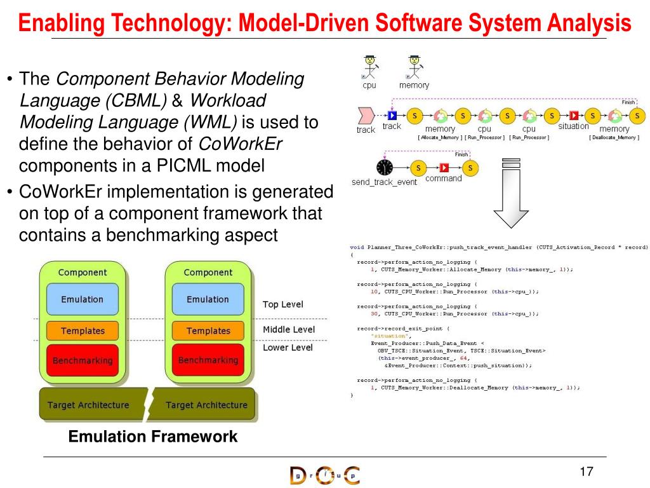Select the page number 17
pos(586,471)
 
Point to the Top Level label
pos(283,304)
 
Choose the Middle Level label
pos(289,329)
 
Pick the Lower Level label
pos(288,348)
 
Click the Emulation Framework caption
pos(152,437)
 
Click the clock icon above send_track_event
pos(385,168)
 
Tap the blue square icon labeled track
pos(392,116)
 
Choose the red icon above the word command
pos(444,168)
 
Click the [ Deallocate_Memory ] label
pos(614,137)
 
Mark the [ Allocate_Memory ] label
pos(439,137)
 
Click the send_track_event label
pos(385,182)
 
